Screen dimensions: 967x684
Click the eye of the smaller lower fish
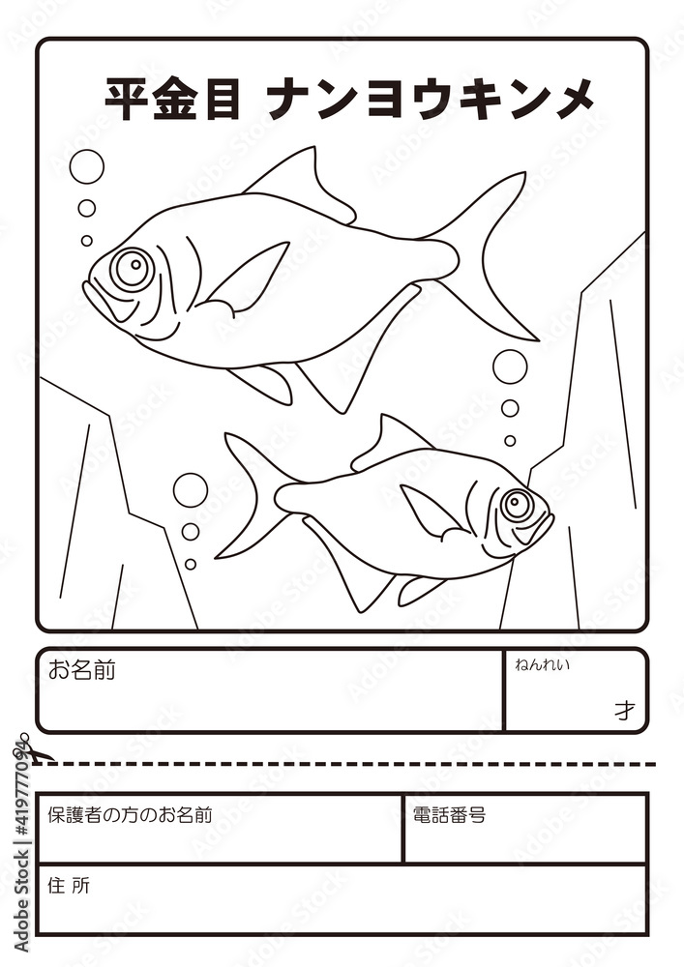coord(517,504)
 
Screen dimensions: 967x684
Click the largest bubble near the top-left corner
coord(86,166)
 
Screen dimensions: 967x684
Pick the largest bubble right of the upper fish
coord(510,366)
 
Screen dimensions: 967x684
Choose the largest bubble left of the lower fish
coord(191,489)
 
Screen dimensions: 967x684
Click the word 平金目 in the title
coord(172,99)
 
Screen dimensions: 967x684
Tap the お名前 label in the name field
coord(81,670)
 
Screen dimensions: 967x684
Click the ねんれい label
coord(542,664)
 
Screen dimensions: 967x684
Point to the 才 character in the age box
coord(624,711)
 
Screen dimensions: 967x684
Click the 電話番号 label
coord(449,815)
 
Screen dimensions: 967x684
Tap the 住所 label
coord(69,885)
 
